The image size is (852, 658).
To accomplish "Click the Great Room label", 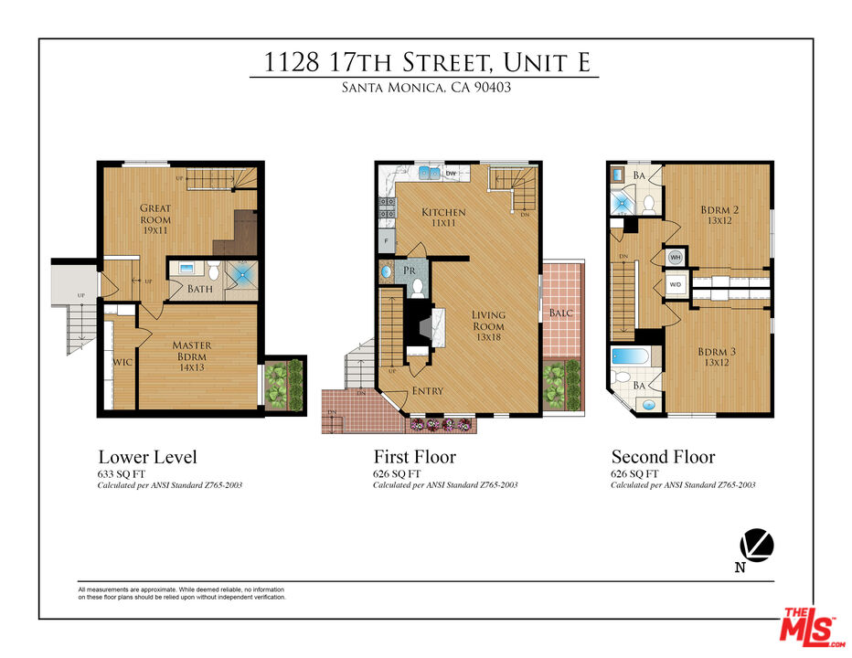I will coord(155,214).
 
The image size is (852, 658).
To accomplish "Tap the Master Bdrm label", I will coord(192,351).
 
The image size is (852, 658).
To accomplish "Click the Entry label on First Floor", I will coord(428,391).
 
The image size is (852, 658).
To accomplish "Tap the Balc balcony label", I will coord(560,313).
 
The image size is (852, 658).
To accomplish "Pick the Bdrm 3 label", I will coord(719,357).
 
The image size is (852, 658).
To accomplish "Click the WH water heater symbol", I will coord(676,258).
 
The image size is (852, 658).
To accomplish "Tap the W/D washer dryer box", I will coord(676,284).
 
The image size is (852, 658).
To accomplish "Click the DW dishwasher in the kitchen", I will coord(451,172).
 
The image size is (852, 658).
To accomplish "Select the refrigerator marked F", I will coord(386,242).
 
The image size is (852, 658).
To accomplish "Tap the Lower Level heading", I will coord(147,457).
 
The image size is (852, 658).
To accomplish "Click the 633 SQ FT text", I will coord(122,474).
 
